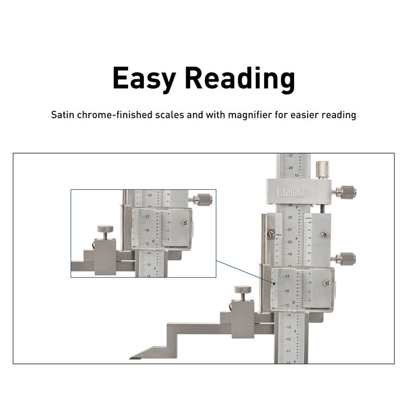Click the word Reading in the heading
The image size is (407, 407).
click(240, 79)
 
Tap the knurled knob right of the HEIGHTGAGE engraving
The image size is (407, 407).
click(344, 192)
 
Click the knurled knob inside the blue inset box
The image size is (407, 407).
click(203, 200)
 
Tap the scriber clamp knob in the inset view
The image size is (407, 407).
click(105, 231)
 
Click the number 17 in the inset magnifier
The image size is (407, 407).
click(147, 217)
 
